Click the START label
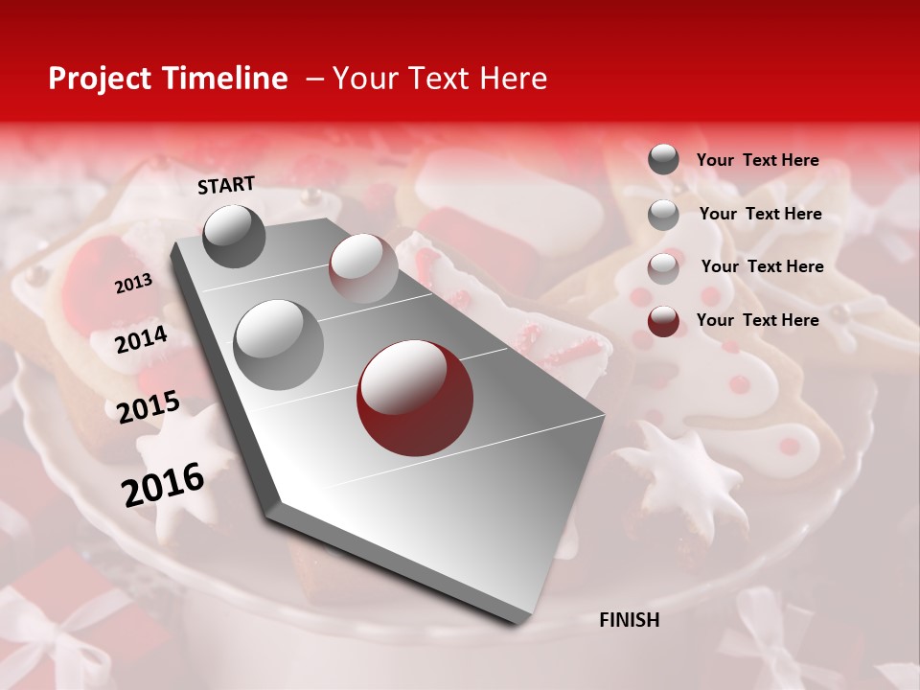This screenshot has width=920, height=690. click(226, 185)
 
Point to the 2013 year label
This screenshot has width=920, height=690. click(133, 284)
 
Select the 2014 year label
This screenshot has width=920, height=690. click(141, 339)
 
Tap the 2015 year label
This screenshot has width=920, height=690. click(149, 407)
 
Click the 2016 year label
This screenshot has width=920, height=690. click(163, 485)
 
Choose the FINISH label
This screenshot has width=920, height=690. click(629, 620)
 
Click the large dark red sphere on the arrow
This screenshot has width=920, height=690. click(415, 398)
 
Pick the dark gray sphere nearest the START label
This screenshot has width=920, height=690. click(234, 236)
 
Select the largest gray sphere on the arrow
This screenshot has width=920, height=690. click(279, 344)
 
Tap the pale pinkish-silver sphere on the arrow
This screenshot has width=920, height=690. click(362, 268)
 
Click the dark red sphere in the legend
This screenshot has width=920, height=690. click(663, 321)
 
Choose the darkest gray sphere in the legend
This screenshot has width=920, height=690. click(663, 160)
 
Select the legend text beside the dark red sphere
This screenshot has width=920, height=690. click(757, 320)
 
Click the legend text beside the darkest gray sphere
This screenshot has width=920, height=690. click(757, 161)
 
